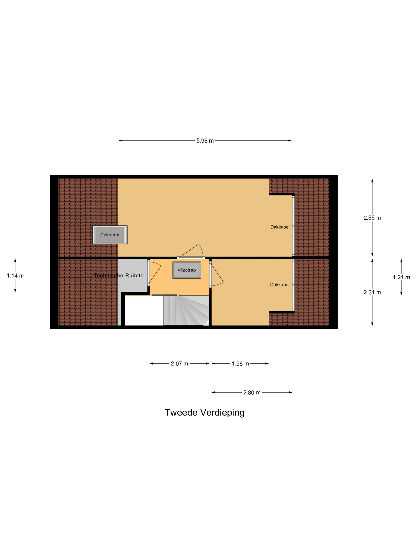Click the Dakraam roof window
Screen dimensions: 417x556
pos(110,235)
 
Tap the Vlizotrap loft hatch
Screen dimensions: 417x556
pos(186,270)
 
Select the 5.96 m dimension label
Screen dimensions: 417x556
pos(205,141)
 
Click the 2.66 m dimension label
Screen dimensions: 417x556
pos(372,218)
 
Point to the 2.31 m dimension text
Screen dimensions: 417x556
pos(372,292)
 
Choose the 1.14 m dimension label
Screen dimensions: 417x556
pos(15,276)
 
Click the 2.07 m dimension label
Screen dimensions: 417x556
pos(179,364)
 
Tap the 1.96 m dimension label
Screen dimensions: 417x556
pos(240,364)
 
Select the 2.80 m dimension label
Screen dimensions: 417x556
pos(252,393)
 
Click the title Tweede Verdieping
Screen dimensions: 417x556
pos(204,413)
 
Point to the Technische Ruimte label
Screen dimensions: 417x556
pos(119,275)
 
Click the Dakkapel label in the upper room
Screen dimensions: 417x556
pos(280,227)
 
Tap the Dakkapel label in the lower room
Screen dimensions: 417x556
pos(280,285)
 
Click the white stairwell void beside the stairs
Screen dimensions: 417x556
pos(144,311)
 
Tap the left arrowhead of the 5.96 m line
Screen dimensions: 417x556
pos(121,141)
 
